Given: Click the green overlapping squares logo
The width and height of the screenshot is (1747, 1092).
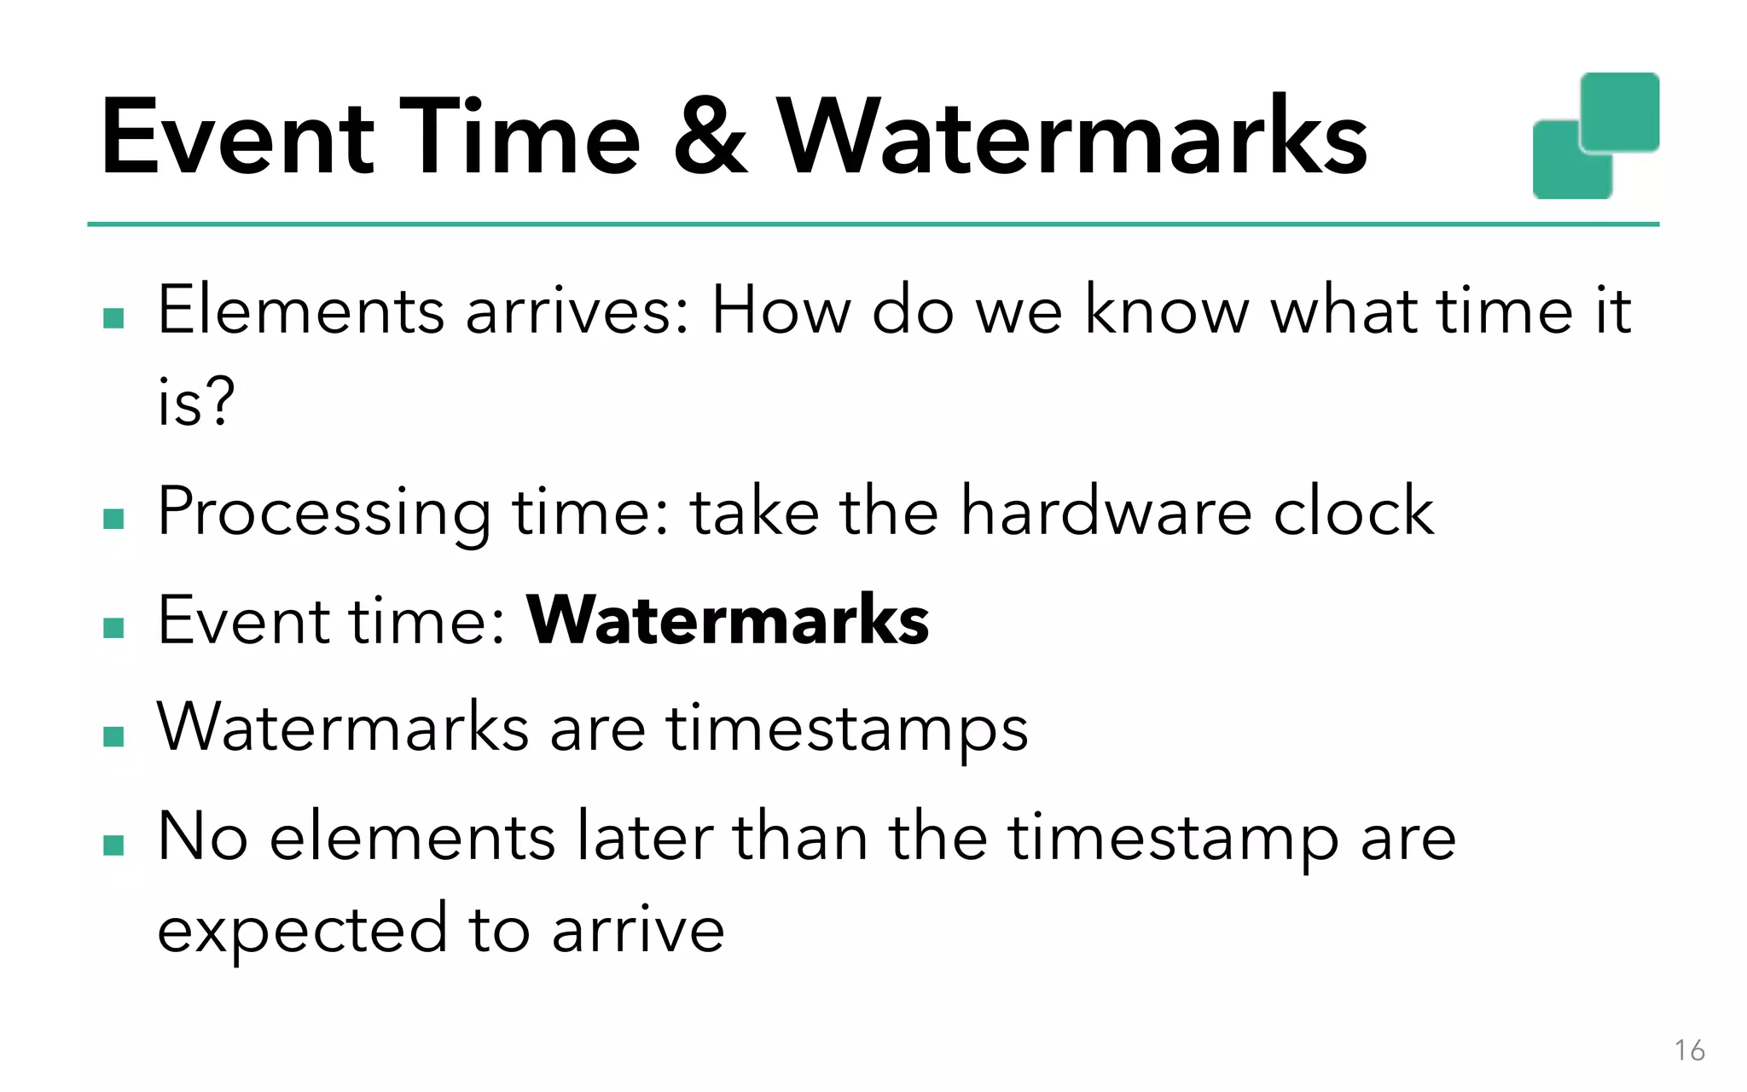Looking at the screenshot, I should [1595, 136].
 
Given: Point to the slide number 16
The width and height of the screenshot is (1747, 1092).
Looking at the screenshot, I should [1689, 1050].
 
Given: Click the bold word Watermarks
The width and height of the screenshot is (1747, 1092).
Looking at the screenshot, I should [728, 620].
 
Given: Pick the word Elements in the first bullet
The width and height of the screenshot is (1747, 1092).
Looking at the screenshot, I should [301, 311].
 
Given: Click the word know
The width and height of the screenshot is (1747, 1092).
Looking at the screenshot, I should [1167, 311].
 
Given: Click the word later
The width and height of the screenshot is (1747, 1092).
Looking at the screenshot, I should [646, 837].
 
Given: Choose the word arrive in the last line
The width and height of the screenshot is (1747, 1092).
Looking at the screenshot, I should [638, 931].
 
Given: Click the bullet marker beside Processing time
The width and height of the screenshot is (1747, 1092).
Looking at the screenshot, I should [113, 519].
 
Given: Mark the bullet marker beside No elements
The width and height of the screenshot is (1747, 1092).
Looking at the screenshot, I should [113, 845].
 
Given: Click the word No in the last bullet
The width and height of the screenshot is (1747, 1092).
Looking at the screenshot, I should [203, 837].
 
